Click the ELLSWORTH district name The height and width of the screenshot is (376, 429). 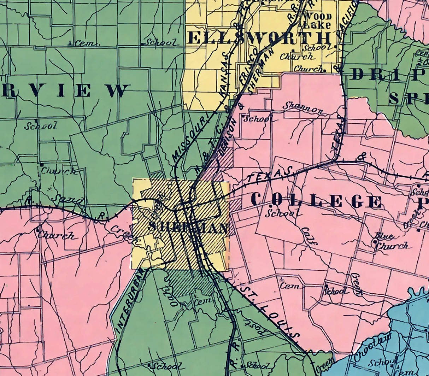click(260, 38)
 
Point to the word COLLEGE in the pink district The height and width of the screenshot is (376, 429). click(316, 201)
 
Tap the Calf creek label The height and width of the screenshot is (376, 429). click(310, 235)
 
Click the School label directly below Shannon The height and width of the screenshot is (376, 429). click(257, 119)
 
